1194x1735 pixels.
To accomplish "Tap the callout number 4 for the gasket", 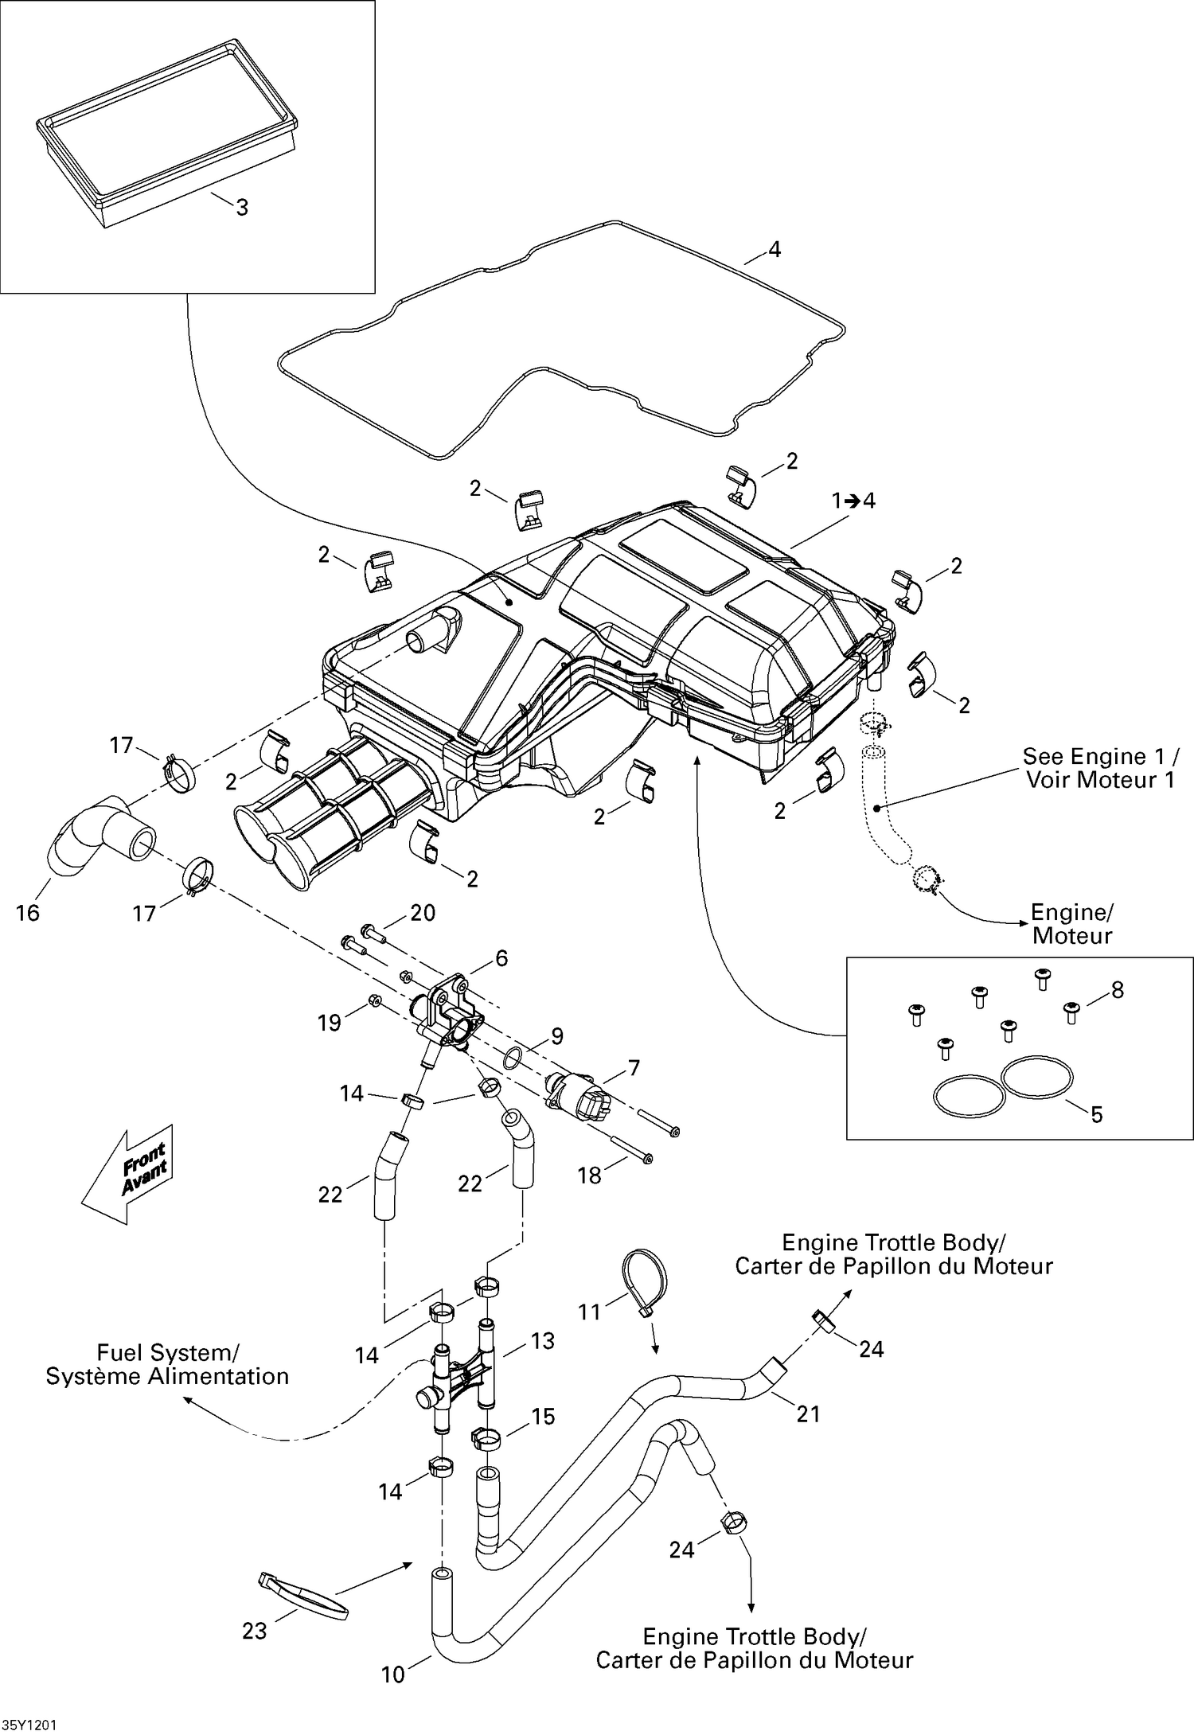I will (x=774, y=249).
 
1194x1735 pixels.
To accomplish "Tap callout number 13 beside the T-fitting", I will (x=542, y=1341).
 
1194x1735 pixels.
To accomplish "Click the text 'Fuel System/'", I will (x=167, y=1352).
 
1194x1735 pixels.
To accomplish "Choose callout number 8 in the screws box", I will (x=1118, y=990).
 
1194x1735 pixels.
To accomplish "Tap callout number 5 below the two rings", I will (x=1096, y=1115).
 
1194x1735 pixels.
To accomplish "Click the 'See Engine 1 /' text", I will (x=1100, y=755).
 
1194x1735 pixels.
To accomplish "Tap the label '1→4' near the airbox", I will (x=853, y=501).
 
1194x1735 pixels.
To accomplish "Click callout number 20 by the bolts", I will (x=423, y=913).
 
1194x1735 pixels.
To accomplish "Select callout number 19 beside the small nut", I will (x=330, y=1023).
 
